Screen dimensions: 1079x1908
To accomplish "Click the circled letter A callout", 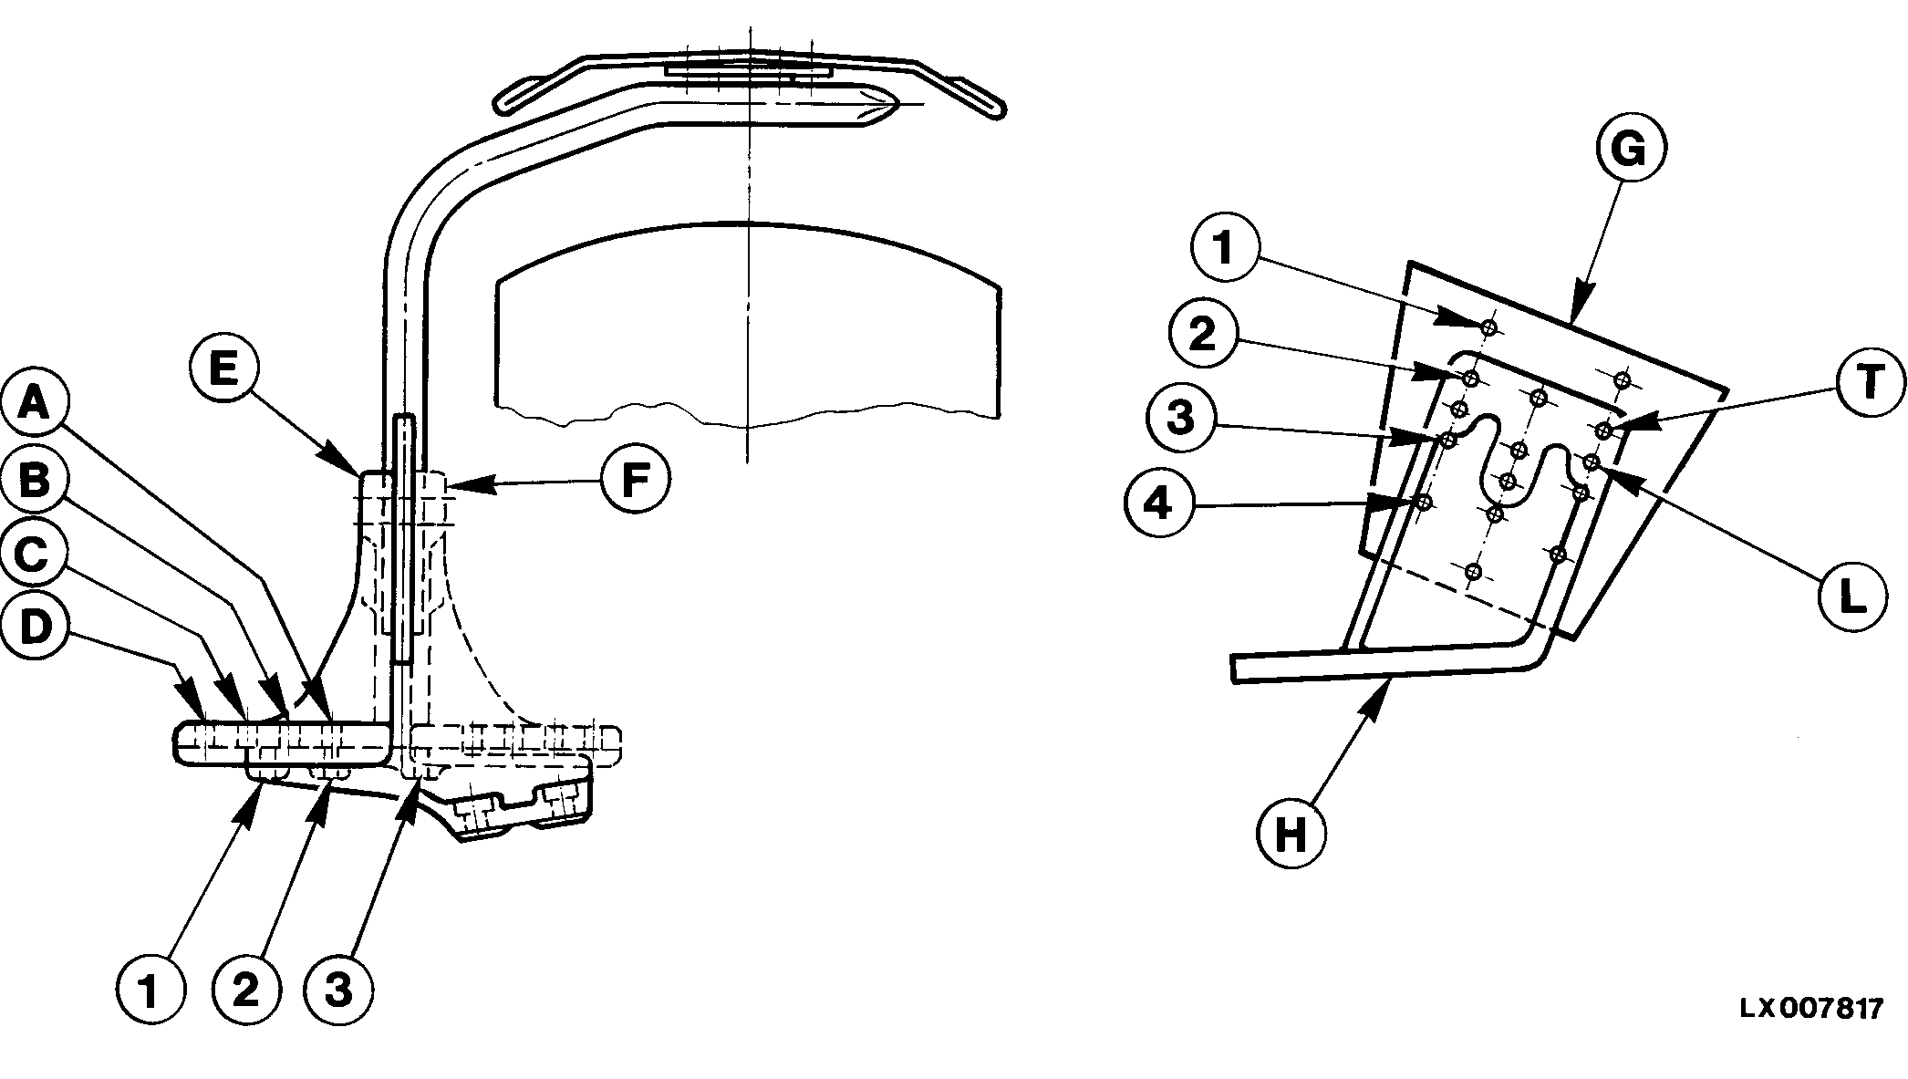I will click(x=35, y=425).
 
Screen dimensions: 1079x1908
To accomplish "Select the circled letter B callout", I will click(x=35, y=481).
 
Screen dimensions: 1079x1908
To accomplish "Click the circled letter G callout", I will click(x=1630, y=150).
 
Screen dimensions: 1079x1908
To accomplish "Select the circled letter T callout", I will click(x=1869, y=382).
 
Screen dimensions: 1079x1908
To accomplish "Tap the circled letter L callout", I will click(x=1851, y=597).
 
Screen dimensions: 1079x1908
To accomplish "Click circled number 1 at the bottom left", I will click(x=150, y=991).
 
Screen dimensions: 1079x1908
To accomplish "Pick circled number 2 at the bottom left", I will click(x=246, y=991).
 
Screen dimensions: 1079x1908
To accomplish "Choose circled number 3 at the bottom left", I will click(x=339, y=991).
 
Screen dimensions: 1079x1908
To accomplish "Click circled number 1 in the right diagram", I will click(x=1225, y=248).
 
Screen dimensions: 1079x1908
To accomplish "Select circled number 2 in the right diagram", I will click(x=1203, y=335).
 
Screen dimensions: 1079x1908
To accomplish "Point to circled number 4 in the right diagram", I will click(x=1159, y=503).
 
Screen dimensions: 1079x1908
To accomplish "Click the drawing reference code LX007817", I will click(x=1810, y=1009).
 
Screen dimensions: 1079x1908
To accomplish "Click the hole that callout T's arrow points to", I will click(x=1603, y=430).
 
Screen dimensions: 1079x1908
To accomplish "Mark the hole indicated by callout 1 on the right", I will click(x=1488, y=327).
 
